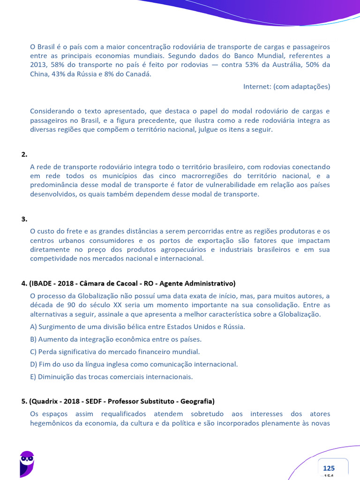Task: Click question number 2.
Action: pyautogui.click(x=24, y=154)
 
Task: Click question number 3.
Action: pyautogui.click(x=24, y=219)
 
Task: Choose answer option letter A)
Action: pyautogui.click(x=33, y=327)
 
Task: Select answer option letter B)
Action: pyautogui.click(x=33, y=339)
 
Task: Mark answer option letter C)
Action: pyautogui.click(x=33, y=352)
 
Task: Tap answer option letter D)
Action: pyautogui.click(x=33, y=364)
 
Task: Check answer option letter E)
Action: pyautogui.click(x=33, y=376)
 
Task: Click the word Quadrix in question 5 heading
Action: pyautogui.click(x=45, y=401)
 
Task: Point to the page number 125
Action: pyautogui.click(x=329, y=468)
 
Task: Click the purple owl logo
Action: pyautogui.click(x=27, y=463)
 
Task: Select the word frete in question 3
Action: pyautogui.click(x=72, y=231)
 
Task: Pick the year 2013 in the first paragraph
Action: pyautogui.click(x=38, y=65)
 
